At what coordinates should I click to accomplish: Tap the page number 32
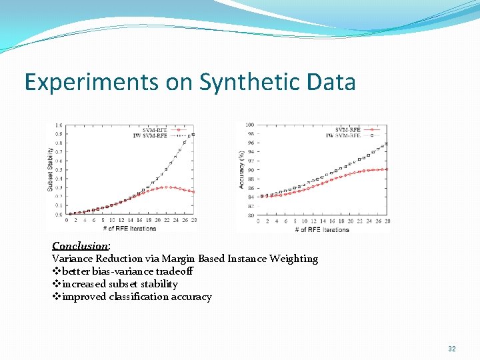tap(452, 349)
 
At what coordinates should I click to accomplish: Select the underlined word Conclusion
tap(79, 245)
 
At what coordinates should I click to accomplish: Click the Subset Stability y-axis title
tap(50, 169)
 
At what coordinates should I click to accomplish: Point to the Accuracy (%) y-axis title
tap(241, 169)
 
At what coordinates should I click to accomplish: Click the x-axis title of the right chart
tap(322, 229)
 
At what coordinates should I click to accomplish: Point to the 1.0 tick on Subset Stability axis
tap(59, 125)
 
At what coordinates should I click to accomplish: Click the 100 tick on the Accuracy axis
tap(249, 125)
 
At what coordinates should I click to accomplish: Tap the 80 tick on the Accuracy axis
tap(250, 215)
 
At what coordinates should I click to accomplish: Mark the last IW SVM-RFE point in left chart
tap(193, 135)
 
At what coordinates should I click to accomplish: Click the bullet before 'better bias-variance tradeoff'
tap(55, 271)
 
